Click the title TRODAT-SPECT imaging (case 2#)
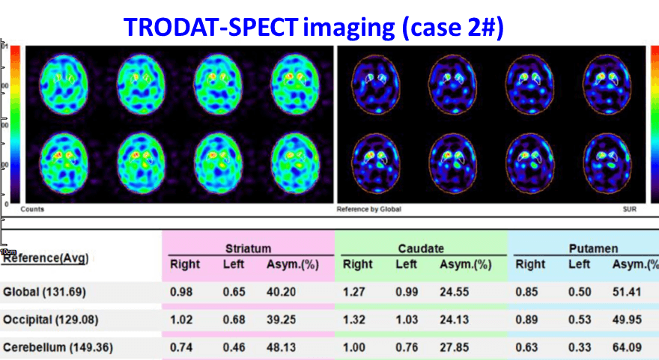(x=314, y=27)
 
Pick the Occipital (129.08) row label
(x=49, y=320)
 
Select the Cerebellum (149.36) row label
(x=54, y=348)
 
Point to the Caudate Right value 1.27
(x=356, y=292)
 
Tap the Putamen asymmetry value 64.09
(x=626, y=348)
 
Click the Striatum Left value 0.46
(x=233, y=348)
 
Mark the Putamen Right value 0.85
(x=529, y=292)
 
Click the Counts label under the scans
(x=31, y=209)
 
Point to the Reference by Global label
(x=369, y=209)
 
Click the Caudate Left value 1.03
(x=406, y=320)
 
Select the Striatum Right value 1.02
(x=183, y=320)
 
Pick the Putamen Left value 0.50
(x=579, y=292)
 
